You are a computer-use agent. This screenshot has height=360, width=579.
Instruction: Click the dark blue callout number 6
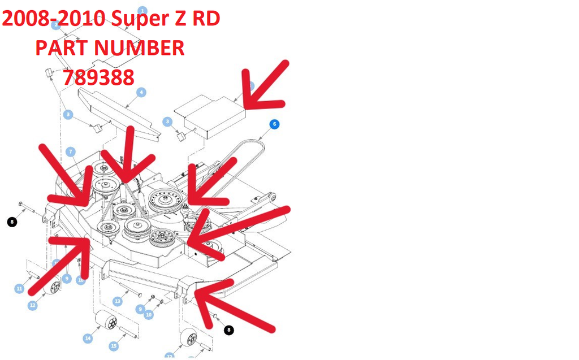[274, 124]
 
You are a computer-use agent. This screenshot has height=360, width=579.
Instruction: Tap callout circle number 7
[70, 151]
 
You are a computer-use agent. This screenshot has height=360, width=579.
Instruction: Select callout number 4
[141, 92]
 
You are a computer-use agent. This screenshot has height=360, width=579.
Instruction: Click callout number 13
[118, 301]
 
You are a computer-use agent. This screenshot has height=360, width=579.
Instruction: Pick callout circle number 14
[88, 339]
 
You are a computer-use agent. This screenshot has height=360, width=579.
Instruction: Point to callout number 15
[114, 346]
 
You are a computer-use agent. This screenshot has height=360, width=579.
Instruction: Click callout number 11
[19, 289]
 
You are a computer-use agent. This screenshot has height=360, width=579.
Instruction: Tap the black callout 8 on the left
[12, 222]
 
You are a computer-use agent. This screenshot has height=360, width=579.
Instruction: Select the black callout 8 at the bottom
[229, 330]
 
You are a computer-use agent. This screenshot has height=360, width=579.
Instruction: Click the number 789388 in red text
[98, 77]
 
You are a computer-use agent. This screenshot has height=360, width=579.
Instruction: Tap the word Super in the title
[139, 19]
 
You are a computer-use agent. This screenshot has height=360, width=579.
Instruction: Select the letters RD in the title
[206, 19]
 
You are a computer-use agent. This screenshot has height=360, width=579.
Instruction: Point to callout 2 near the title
[55, 25]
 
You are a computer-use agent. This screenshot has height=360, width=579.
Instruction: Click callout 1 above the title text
[142, 10]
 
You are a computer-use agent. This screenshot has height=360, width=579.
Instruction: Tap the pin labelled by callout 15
[128, 333]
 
